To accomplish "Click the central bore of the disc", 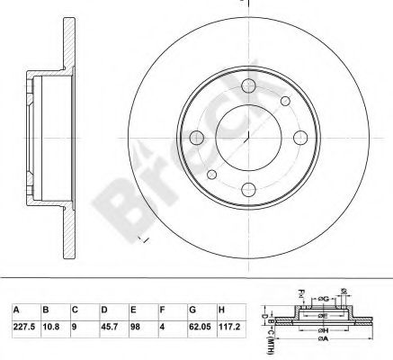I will click(246, 139).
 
